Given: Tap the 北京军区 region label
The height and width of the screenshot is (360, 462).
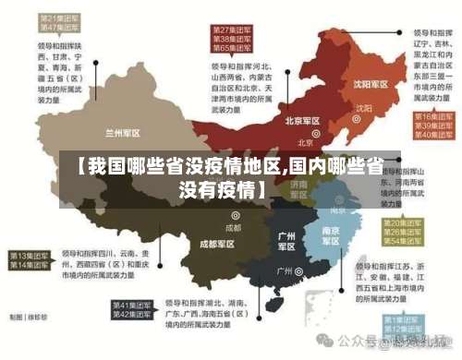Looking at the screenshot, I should (x=302, y=121).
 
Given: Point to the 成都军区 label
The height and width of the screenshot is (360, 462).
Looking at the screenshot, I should (x=217, y=244).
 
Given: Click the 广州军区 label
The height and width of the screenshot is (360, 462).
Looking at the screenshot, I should (x=286, y=241).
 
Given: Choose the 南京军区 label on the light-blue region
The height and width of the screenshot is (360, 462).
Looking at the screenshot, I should (x=331, y=234).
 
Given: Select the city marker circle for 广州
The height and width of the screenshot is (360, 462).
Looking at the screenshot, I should (x=301, y=272).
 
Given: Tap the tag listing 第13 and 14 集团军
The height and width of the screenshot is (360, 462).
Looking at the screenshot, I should (x=30, y=259).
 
